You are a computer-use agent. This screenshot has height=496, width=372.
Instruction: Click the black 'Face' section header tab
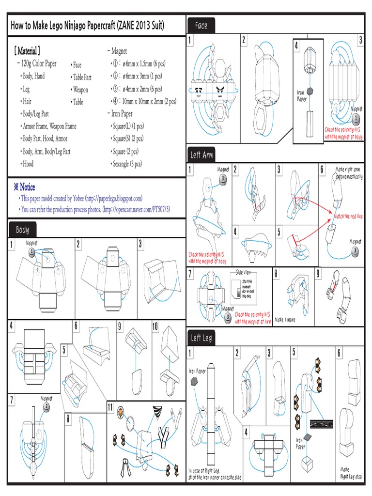pyautogui.click(x=201, y=25)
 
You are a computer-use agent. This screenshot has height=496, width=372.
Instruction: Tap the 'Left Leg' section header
pyautogui.click(x=202, y=338)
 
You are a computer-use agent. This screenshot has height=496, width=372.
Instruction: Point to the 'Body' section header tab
pyautogui.click(x=22, y=230)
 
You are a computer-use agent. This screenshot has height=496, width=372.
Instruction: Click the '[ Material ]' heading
pyautogui.click(x=27, y=51)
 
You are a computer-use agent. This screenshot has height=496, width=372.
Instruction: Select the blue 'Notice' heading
pyautogui.click(x=24, y=187)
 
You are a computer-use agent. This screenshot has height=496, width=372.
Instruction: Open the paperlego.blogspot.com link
pyautogui.click(x=113, y=198)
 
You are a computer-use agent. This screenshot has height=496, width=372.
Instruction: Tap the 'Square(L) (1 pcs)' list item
pyautogui.click(x=128, y=126)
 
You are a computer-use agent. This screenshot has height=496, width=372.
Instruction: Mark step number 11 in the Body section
pyautogui.click(x=111, y=406)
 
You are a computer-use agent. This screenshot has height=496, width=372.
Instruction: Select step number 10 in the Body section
pyautogui.click(x=156, y=326)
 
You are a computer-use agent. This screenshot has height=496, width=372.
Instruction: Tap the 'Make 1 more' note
pyautogui.click(x=285, y=320)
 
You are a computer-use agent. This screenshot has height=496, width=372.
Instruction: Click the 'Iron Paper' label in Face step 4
pyautogui.click(x=302, y=96)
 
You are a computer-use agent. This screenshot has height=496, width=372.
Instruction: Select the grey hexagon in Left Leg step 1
pyautogui.click(x=195, y=381)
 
